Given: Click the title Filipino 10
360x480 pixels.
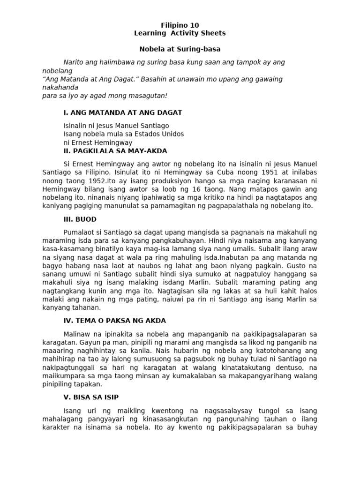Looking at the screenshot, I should click(180, 25).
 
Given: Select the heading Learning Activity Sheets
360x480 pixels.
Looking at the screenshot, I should click(180, 33).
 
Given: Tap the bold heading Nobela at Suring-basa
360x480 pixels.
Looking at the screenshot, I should click(180, 49).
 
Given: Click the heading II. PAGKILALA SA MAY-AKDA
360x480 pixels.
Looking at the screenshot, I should click(115, 151).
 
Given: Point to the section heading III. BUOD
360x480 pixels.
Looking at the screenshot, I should click(80, 219).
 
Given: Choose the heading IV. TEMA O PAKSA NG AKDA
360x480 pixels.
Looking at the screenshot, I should click(115, 321).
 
